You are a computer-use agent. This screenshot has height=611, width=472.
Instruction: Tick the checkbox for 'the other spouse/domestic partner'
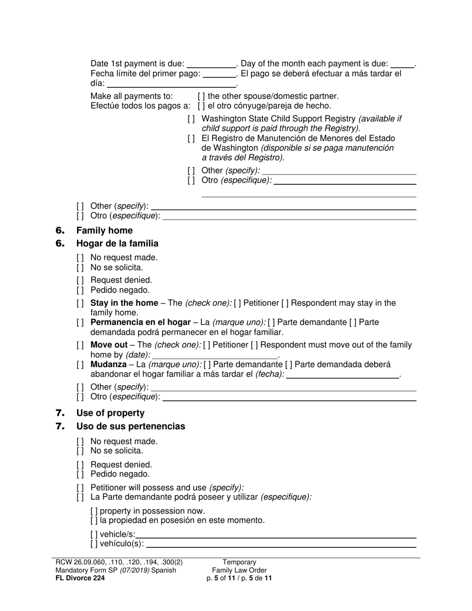pyautogui.click(x=201, y=96)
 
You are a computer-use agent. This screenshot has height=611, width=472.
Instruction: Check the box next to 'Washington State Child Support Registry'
pyautogui.click(x=191, y=119)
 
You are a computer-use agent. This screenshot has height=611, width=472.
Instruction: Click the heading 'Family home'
pyautogui.click(x=104, y=230)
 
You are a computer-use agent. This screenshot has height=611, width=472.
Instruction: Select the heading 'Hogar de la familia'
pyautogui.click(x=117, y=243)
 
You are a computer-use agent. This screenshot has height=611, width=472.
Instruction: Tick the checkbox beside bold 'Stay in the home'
pyautogui.click(x=80, y=303)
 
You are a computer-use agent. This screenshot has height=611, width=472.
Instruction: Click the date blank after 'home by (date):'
pyautogui.click(x=215, y=355)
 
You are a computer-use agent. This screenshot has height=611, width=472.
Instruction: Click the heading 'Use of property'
pyautogui.click(x=110, y=413)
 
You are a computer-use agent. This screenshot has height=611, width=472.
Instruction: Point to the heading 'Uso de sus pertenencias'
pyautogui.click(x=131, y=426)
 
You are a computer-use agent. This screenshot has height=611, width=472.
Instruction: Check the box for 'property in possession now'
pyautogui.click(x=94, y=511)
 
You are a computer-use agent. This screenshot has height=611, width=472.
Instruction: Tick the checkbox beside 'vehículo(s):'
pyautogui.click(x=94, y=544)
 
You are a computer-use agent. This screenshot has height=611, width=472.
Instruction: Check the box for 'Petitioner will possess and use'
pyautogui.click(x=80, y=488)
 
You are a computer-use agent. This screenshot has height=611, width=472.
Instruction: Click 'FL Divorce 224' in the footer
pyautogui.click(x=79, y=578)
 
